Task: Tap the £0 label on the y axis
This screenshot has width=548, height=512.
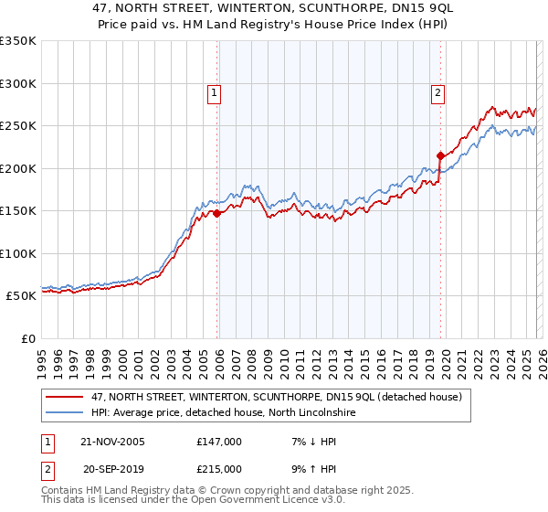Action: point(28,338)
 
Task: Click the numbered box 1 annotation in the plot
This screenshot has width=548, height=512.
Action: point(214,91)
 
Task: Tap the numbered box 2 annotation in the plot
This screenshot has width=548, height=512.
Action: point(438,91)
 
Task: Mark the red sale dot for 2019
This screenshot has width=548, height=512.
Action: point(440,155)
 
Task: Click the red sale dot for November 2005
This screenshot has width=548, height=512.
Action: point(217,213)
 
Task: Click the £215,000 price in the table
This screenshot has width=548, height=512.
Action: point(219,468)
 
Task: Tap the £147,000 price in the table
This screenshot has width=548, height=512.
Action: point(219,442)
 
